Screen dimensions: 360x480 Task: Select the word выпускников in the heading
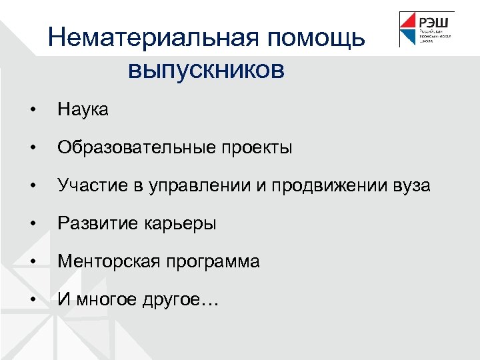pyautogui.click(x=206, y=69)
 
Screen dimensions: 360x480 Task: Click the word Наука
pyautogui.click(x=83, y=109)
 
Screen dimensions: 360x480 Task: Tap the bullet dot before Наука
pyautogui.click(x=31, y=110)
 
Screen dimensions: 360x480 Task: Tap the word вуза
pyautogui.click(x=410, y=185)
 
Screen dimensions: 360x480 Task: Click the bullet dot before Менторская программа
pyautogui.click(x=31, y=262)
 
